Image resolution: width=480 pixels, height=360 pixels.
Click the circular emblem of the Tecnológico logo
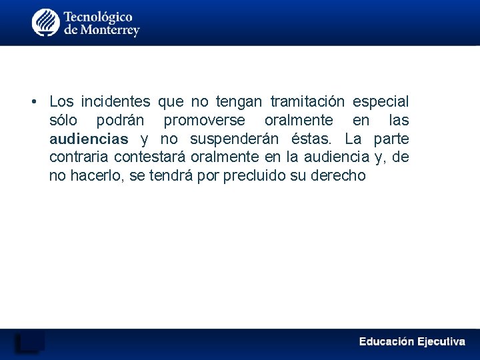[46, 23]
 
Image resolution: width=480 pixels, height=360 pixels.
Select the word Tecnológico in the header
[98, 16]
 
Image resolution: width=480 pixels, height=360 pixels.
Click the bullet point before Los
[33, 102]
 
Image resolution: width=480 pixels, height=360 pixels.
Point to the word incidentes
[116, 102]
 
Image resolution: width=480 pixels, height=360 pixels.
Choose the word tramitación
[307, 102]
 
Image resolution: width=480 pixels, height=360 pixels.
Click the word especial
[381, 102]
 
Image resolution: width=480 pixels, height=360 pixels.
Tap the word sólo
[63, 121]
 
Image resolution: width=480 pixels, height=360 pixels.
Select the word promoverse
[204, 121]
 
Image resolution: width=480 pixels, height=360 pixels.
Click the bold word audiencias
[89, 139]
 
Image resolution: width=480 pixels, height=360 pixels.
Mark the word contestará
[150, 157]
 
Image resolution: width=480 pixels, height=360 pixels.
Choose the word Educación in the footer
[386, 341]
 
